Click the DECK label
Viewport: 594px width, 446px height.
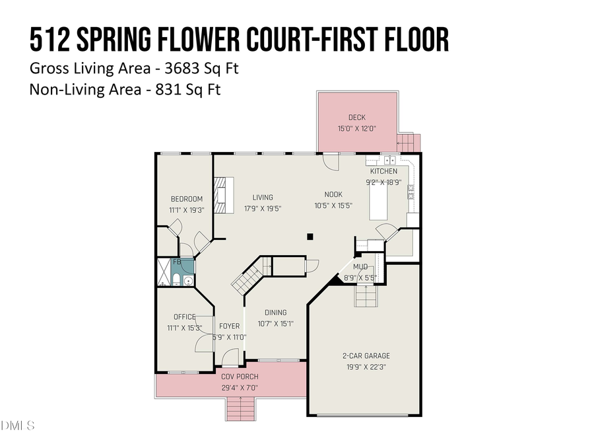(x=357, y=118)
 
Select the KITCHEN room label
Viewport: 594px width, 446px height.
(x=383, y=171)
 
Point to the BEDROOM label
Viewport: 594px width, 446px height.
(x=186, y=199)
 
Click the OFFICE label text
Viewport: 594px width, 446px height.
(x=185, y=316)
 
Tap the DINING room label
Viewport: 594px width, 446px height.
(x=275, y=313)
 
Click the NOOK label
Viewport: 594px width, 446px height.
(x=333, y=194)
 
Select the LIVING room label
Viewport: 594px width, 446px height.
(x=262, y=197)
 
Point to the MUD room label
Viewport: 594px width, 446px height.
(x=360, y=266)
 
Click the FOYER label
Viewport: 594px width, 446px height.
(x=229, y=326)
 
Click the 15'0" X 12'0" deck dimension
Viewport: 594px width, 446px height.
(x=357, y=129)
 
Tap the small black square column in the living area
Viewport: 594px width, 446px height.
(x=311, y=236)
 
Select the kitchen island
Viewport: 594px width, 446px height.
(x=379, y=204)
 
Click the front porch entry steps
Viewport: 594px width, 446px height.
(x=240, y=410)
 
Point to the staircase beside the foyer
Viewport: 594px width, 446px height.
(x=249, y=278)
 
